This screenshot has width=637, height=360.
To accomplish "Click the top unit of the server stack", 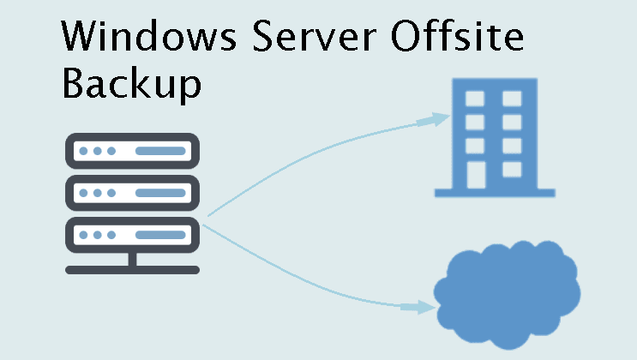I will click(x=132, y=151).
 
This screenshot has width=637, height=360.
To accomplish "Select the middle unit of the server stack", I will click(x=132, y=192).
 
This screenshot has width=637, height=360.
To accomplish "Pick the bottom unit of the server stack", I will click(x=132, y=233).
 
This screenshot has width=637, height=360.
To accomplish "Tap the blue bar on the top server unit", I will click(x=159, y=151).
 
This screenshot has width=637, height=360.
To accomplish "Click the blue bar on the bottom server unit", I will click(x=159, y=233).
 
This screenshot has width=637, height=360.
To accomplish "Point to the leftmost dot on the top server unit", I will click(x=83, y=151).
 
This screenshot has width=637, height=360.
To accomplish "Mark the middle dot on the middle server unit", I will click(x=97, y=192).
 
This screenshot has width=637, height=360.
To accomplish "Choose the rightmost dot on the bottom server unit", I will click(x=111, y=233).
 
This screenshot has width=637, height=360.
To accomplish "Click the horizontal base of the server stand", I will click(x=132, y=269).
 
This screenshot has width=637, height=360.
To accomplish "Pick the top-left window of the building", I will click(x=472, y=99).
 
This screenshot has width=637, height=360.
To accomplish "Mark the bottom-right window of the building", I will click(x=512, y=168).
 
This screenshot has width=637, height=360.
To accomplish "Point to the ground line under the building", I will click(x=495, y=193).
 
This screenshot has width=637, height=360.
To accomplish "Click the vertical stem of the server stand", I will click(x=132, y=258).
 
